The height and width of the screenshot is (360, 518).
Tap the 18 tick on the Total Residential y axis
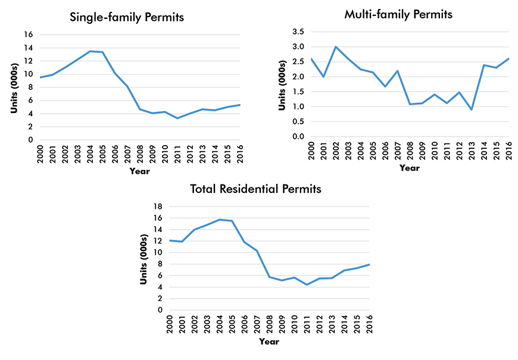tap(158, 206)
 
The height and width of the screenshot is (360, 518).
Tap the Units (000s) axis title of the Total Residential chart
tap(143, 258)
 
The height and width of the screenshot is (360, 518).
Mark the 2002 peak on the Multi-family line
tap(336, 46)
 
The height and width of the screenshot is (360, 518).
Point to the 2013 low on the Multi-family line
tap(471, 109)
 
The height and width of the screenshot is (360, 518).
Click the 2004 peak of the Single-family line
tap(90, 51)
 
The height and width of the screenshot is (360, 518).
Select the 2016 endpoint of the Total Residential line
tap(370, 264)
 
